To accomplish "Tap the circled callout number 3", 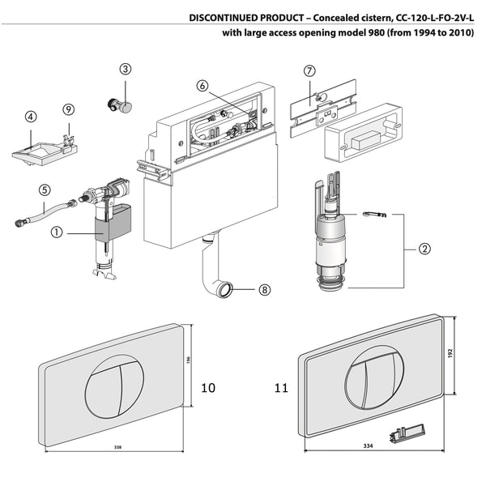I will [125, 69].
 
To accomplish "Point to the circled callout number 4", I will [30, 117].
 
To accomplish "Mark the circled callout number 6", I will [202, 84].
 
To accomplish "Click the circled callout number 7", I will [309, 70].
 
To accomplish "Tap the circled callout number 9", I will [68, 109].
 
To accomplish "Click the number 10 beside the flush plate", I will [208, 388].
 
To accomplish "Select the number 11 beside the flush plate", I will [280, 388].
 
